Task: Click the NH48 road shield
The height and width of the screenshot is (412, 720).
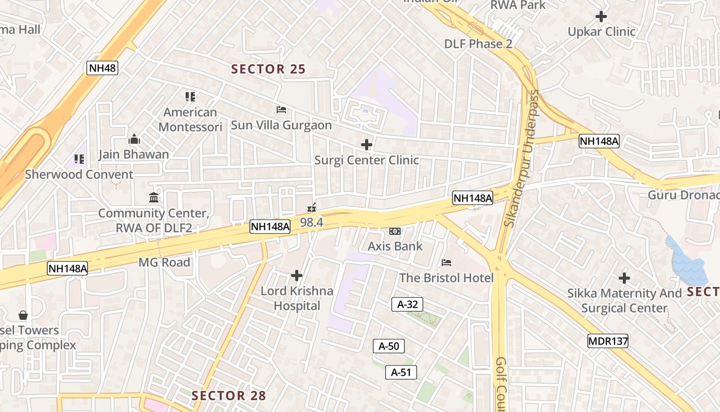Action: click(x=102, y=68)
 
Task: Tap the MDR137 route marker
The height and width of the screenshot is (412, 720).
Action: click(x=608, y=340)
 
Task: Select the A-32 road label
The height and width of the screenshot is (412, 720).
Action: click(x=407, y=304)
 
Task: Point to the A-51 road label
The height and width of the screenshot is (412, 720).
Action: click(x=401, y=372)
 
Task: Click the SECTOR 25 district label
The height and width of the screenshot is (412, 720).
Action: click(x=268, y=69)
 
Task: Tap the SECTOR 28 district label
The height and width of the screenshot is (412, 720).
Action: click(x=229, y=396)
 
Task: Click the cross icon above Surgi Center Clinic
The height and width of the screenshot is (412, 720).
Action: click(x=366, y=145)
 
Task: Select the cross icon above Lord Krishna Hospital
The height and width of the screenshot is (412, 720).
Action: click(x=296, y=276)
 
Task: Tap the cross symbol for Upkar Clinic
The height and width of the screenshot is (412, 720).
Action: click(x=601, y=16)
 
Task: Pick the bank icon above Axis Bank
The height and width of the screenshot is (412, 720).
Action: click(x=395, y=231)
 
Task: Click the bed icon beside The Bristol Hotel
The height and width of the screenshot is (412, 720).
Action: click(x=446, y=263)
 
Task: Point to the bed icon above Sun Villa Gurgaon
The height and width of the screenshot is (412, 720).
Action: click(x=281, y=110)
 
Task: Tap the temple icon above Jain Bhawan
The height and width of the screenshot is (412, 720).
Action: click(x=134, y=139)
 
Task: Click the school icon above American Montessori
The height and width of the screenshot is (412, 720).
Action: click(x=190, y=97)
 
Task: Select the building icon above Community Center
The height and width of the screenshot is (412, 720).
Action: click(x=153, y=198)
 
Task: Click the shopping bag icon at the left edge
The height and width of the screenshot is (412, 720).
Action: click(x=23, y=315)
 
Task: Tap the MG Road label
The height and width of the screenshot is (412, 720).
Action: click(x=165, y=263)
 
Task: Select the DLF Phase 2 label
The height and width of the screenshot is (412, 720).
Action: click(x=478, y=44)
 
